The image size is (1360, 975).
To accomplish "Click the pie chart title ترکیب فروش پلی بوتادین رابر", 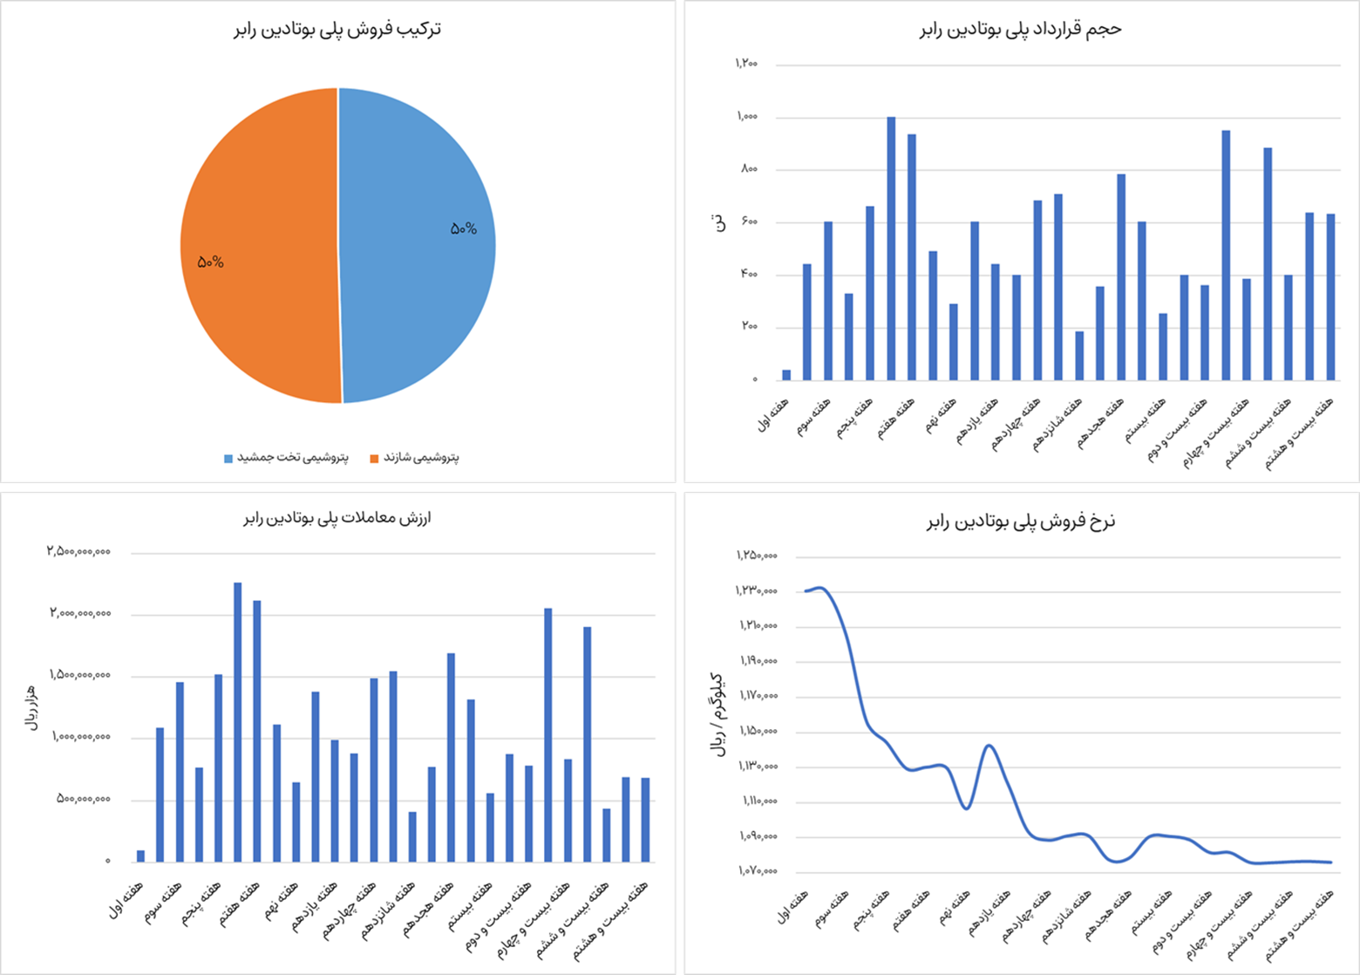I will click(x=337, y=29).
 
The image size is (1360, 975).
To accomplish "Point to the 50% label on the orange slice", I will click(x=210, y=262).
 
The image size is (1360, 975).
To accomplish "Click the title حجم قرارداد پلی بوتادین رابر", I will click(x=1020, y=29).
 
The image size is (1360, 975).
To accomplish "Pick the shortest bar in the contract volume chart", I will click(x=786, y=375).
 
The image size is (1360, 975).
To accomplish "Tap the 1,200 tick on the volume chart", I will click(x=746, y=64).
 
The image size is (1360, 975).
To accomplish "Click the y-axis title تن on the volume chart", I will click(x=720, y=223).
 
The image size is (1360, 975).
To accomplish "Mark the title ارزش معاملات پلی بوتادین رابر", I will click(x=337, y=518).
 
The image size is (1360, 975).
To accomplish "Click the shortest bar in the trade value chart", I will click(x=140, y=856).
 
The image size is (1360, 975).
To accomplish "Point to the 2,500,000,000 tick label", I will click(x=78, y=552).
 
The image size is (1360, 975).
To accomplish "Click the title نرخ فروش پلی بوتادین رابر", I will click(x=1020, y=522).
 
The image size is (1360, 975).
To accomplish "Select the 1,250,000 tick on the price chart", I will click(x=757, y=556).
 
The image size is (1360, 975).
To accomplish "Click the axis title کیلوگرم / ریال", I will click(x=717, y=715).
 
